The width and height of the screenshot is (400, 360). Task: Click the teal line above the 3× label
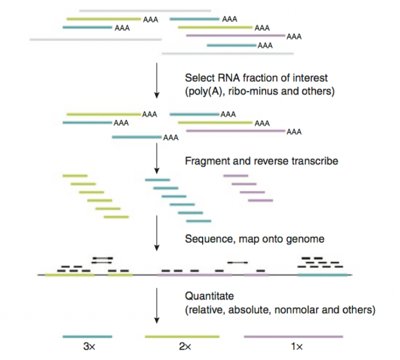click(87, 337)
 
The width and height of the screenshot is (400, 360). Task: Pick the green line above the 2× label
click(182, 337)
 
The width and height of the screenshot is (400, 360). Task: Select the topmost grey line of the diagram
click(145, 10)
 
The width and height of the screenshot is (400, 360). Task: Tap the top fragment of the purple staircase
click(235, 176)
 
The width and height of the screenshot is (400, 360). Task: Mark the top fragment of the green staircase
click(75, 176)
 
